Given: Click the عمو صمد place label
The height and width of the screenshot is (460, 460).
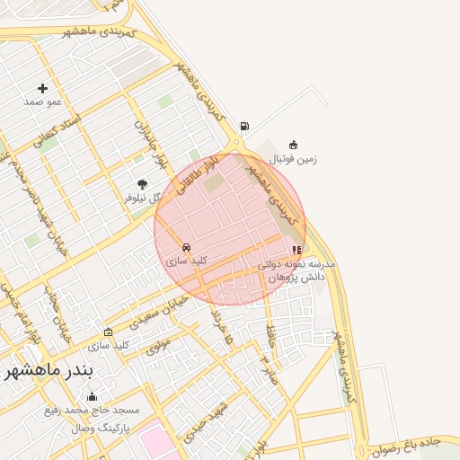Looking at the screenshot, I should tap(42, 102).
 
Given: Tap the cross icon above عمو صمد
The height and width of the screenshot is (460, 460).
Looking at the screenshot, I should tap(42, 88).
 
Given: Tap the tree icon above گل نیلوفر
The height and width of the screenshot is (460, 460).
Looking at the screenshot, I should tap(142, 184).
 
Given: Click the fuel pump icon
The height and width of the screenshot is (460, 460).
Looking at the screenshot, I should tap(245, 127).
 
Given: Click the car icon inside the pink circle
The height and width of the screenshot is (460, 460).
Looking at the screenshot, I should tap(186, 247).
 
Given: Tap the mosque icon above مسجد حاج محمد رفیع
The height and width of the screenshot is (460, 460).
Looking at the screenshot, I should tap(91, 397).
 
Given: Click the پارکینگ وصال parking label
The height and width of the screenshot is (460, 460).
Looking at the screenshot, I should tap(101, 428).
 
